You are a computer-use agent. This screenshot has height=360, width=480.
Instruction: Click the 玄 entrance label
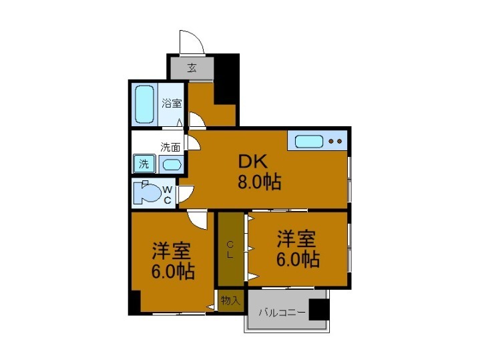[x=192, y=67]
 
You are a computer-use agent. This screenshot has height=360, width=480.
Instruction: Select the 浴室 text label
[x=172, y=104]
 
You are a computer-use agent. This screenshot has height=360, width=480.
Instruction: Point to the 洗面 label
[x=170, y=147]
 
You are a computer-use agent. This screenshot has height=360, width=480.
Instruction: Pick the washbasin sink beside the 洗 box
[x=171, y=164]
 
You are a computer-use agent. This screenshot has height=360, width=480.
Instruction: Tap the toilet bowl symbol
[x=146, y=194]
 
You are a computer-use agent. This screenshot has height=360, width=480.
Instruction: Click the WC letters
[x=168, y=194]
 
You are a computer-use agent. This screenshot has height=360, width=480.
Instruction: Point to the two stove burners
[x=336, y=142]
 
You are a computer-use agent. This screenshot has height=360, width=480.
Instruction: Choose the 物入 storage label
[x=230, y=301]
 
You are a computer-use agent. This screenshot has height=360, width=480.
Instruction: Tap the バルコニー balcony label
[x=282, y=312]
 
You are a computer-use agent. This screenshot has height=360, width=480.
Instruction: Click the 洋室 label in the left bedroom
[x=172, y=251]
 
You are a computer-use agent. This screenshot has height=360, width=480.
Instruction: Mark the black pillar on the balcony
[x=320, y=310]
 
